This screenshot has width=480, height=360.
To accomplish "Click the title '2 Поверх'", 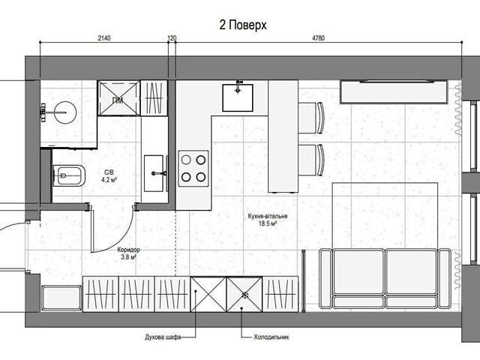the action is point(243,25).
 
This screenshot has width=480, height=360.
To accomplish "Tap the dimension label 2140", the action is point(104,38).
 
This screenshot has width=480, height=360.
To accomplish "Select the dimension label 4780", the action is point(318,38).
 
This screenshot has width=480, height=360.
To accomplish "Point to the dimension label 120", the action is point(172,38).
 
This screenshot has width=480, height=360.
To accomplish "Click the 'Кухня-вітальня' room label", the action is point(268,217).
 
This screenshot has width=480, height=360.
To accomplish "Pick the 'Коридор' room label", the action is point(128,250).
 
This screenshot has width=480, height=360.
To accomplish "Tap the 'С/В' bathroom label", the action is point(109,173).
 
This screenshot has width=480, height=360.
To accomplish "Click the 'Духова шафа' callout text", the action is point(163,337).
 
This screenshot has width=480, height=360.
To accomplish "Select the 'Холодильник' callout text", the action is point(271,337).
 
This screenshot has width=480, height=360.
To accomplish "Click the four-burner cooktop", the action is point(193,168).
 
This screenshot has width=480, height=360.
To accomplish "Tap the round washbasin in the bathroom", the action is point(65,112).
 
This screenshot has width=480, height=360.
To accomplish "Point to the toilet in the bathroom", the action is point(69,176).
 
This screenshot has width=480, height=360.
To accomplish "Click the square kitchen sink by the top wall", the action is point(238,97).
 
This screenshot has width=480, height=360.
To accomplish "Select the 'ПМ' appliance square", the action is point(118,98).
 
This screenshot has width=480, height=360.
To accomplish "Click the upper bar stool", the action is point(311,118).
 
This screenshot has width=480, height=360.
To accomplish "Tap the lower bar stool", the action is point(311,160).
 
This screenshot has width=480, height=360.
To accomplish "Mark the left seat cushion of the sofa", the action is point(358,271).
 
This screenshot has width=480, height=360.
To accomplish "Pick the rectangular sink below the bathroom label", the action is point(154,173).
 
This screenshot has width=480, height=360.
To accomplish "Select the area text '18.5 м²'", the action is point(268,223).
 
